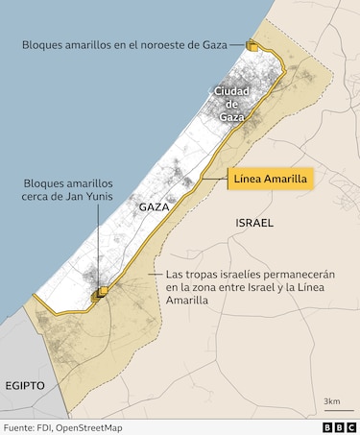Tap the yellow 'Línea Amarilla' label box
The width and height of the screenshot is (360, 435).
(x=272, y=179)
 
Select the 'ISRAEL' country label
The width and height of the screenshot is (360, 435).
(x=253, y=223)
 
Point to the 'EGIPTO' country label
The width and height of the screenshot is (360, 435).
(x=25, y=384)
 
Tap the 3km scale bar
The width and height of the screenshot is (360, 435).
(x=332, y=410)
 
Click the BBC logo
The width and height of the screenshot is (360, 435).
(x=338, y=426)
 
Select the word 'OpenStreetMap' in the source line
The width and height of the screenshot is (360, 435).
(x=93, y=426)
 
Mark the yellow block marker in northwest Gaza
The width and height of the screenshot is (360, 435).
(x=252, y=44)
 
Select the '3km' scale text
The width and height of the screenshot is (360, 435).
(x=332, y=399)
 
